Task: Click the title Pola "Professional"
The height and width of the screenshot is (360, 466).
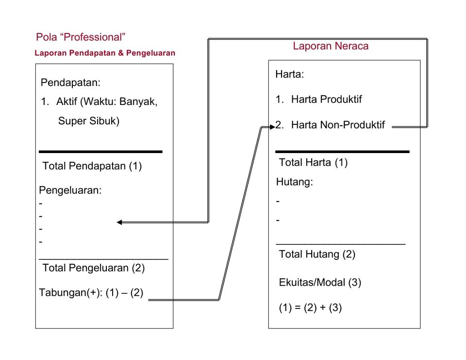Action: click(x=81, y=37)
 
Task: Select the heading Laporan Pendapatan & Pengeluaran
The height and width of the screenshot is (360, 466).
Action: click(x=105, y=53)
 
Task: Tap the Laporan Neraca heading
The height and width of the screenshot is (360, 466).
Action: click(x=331, y=46)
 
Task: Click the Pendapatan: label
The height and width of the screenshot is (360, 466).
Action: click(x=70, y=83)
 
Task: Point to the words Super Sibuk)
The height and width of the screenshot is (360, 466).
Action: click(x=88, y=121)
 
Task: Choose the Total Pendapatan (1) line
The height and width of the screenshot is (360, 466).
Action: click(x=92, y=166)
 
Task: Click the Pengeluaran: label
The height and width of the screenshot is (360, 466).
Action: click(x=70, y=190)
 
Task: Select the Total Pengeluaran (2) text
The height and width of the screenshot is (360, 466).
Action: click(x=93, y=268)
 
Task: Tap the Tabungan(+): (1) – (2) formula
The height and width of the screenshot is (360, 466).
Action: click(x=91, y=292)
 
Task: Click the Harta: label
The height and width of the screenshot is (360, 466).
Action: click(x=289, y=74)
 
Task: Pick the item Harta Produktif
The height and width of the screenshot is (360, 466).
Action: click(x=326, y=99)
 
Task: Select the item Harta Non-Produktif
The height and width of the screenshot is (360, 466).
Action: click(x=338, y=125)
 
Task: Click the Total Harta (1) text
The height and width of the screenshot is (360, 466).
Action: click(x=313, y=162)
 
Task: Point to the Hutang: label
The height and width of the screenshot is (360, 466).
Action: click(x=294, y=182)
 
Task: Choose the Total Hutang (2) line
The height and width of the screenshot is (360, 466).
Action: click(x=317, y=254)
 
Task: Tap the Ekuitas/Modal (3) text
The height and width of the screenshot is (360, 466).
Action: click(x=320, y=282)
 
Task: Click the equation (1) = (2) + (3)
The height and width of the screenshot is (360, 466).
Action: click(x=310, y=308)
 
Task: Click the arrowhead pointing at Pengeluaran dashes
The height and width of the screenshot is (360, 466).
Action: click(x=119, y=222)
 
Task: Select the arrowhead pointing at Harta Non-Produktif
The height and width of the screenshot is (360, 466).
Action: click(x=272, y=127)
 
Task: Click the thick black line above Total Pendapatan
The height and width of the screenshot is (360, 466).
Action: click(x=100, y=152)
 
